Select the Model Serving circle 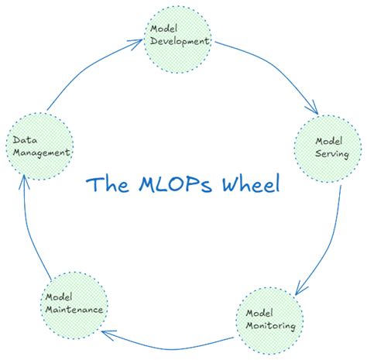[x=328, y=147]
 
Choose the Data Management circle [x=39, y=145]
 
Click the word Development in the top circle [x=179, y=42]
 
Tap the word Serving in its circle [x=331, y=154]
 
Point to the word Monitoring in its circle [x=270, y=326]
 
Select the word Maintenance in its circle [x=74, y=309]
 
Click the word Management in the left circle [x=42, y=153]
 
